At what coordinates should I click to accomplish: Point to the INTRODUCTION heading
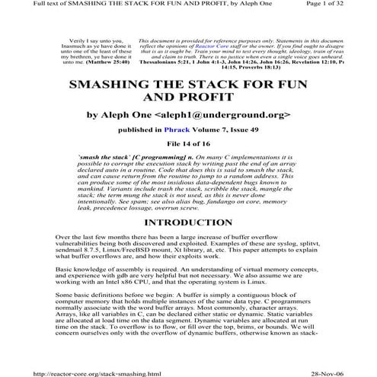pyautogui.click(x=188, y=223)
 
